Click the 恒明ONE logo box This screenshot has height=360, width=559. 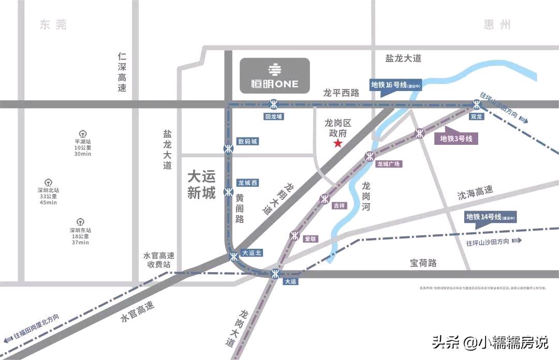(274, 76)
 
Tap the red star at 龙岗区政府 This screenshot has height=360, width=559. (338, 143)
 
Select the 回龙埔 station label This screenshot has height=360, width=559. (274, 117)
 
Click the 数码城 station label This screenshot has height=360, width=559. (247, 141)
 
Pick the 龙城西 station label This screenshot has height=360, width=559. (247, 183)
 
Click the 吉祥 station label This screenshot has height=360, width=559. (339, 205)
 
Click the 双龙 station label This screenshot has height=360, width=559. (476, 117)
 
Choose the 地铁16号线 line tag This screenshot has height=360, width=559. (396, 85)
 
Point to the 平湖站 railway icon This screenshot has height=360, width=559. (82, 134)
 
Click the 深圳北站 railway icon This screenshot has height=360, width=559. (48, 182)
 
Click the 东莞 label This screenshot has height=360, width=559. (53, 24)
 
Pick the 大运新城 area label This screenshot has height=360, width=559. (201, 185)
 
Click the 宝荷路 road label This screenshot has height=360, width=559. (423, 263)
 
